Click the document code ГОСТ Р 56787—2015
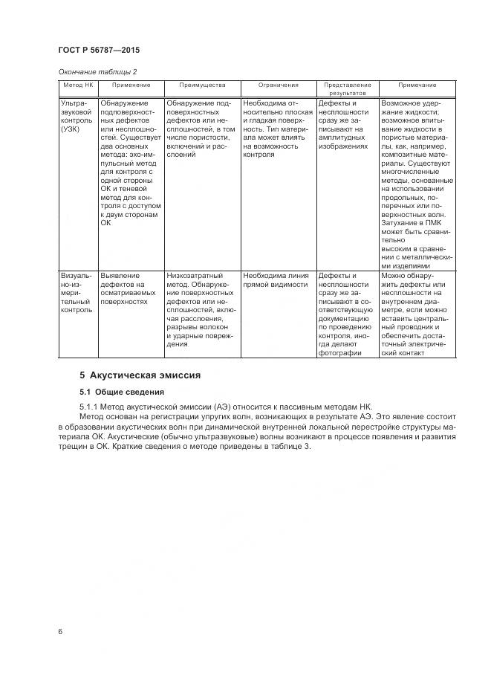(99, 50)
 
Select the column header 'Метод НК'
(77, 85)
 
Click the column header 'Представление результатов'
(347, 89)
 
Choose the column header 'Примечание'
(417, 85)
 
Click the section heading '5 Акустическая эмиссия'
(140, 375)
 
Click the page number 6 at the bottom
(60, 631)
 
